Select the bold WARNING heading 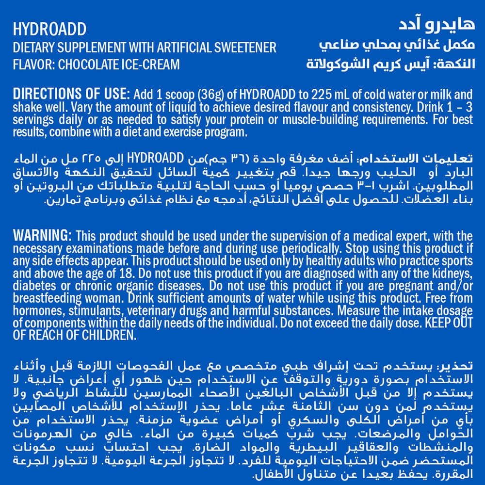43,236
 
